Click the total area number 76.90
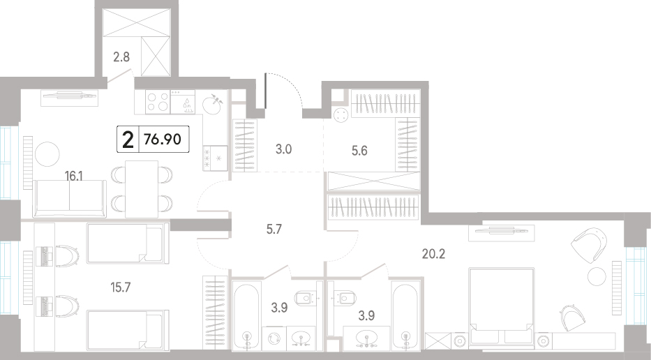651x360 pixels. tap(163, 139)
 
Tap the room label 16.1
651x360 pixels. tap(73, 177)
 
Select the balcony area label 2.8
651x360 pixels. tap(121, 57)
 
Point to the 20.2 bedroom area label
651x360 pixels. tap(433, 254)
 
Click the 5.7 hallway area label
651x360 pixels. tap(274, 229)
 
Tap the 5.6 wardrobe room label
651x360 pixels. tap(359, 151)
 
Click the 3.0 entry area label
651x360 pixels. tap(283, 149)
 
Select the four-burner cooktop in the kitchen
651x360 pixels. tap(158, 102)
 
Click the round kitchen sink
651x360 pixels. tap(213, 104)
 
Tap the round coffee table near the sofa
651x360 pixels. tap(47, 154)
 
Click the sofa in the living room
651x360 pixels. tap(69, 198)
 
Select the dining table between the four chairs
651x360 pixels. tap(142, 189)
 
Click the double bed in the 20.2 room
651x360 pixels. tap(501, 306)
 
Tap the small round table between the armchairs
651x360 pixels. tap(597, 276)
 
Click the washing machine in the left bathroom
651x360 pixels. tap(274, 338)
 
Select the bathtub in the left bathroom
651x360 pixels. tap(246, 316)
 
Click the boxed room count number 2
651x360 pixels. tap(128, 140)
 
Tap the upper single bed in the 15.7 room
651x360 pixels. tap(127, 243)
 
